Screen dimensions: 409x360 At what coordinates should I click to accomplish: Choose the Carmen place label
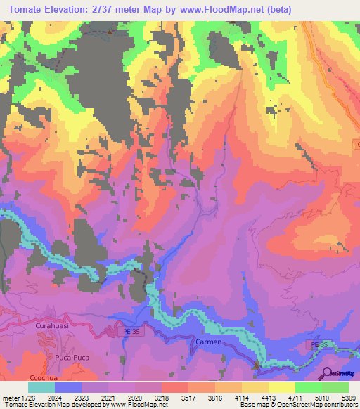207,342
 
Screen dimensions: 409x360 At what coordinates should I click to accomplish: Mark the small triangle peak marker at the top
110,32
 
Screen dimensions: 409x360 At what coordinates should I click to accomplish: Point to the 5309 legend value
347,397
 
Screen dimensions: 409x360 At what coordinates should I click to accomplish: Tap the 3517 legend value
188,397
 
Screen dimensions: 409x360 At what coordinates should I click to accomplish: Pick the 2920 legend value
134,397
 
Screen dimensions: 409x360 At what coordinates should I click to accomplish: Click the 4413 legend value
268,397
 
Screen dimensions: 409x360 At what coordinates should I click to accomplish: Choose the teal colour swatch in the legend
41,387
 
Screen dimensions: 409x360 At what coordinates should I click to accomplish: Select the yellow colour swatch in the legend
282,387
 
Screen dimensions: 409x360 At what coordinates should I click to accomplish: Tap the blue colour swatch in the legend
68,387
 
